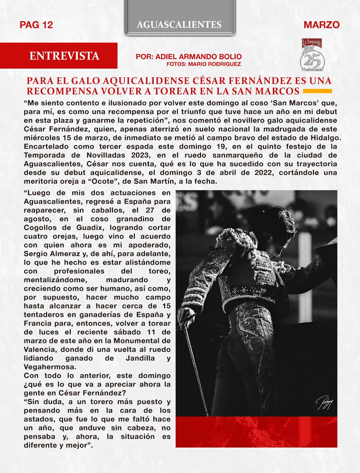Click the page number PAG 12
[x=36, y=25]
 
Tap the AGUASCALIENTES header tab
[x=179, y=24]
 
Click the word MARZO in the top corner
[x=321, y=25]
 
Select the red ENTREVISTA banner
[x=64, y=56]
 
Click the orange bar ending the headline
[x=317, y=91]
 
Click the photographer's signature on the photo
[x=324, y=403]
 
